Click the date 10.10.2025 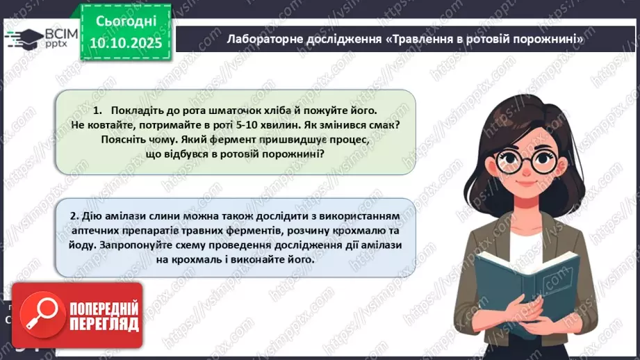point(122,43)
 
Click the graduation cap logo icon point(23,37)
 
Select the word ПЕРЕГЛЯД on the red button point(104,324)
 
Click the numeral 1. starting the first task point(97,111)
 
